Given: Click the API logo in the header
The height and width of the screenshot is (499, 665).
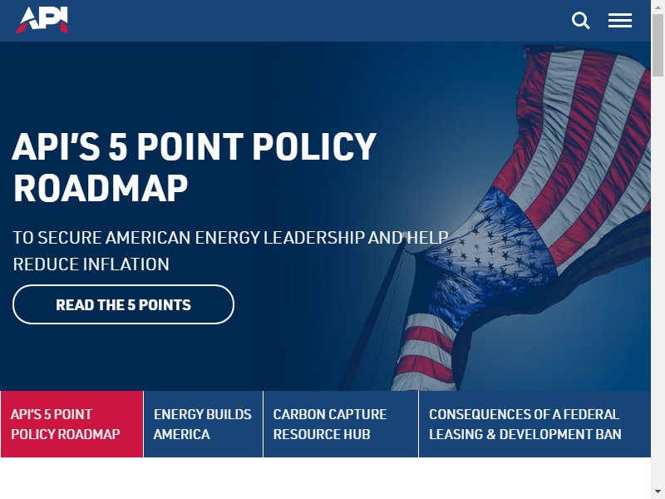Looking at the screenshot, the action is [42, 19].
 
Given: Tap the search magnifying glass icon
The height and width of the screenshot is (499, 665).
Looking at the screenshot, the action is [580, 20].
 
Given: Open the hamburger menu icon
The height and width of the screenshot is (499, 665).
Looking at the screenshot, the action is [620, 20].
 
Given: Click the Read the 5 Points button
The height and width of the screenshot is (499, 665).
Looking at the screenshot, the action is [123, 304].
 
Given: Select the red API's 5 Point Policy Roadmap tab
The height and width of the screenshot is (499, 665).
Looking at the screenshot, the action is [72, 424].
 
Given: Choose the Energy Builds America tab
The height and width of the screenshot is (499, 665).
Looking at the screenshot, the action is [204, 424].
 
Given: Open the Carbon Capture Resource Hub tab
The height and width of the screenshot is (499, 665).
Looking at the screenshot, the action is [341, 424].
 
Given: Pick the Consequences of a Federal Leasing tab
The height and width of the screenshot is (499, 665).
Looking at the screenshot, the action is [534, 424].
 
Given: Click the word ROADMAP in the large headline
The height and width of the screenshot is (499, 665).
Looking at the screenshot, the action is [101, 188].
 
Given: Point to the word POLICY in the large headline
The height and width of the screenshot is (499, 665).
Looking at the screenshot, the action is [314, 146].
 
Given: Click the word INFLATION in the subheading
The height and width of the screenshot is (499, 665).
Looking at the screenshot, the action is [126, 264].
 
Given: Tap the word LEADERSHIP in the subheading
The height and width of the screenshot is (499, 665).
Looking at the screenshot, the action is [314, 238].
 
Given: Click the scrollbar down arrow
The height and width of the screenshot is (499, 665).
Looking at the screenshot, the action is [658, 492].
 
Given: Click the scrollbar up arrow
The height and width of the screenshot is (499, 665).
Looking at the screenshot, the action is [658, 6].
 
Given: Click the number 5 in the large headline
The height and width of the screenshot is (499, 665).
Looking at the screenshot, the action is [118, 146].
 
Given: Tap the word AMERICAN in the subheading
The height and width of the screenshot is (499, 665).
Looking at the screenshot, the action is [148, 238].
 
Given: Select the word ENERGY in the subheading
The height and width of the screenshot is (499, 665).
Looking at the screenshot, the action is [227, 238].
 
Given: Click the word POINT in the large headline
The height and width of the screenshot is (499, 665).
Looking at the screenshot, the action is [190, 146].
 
